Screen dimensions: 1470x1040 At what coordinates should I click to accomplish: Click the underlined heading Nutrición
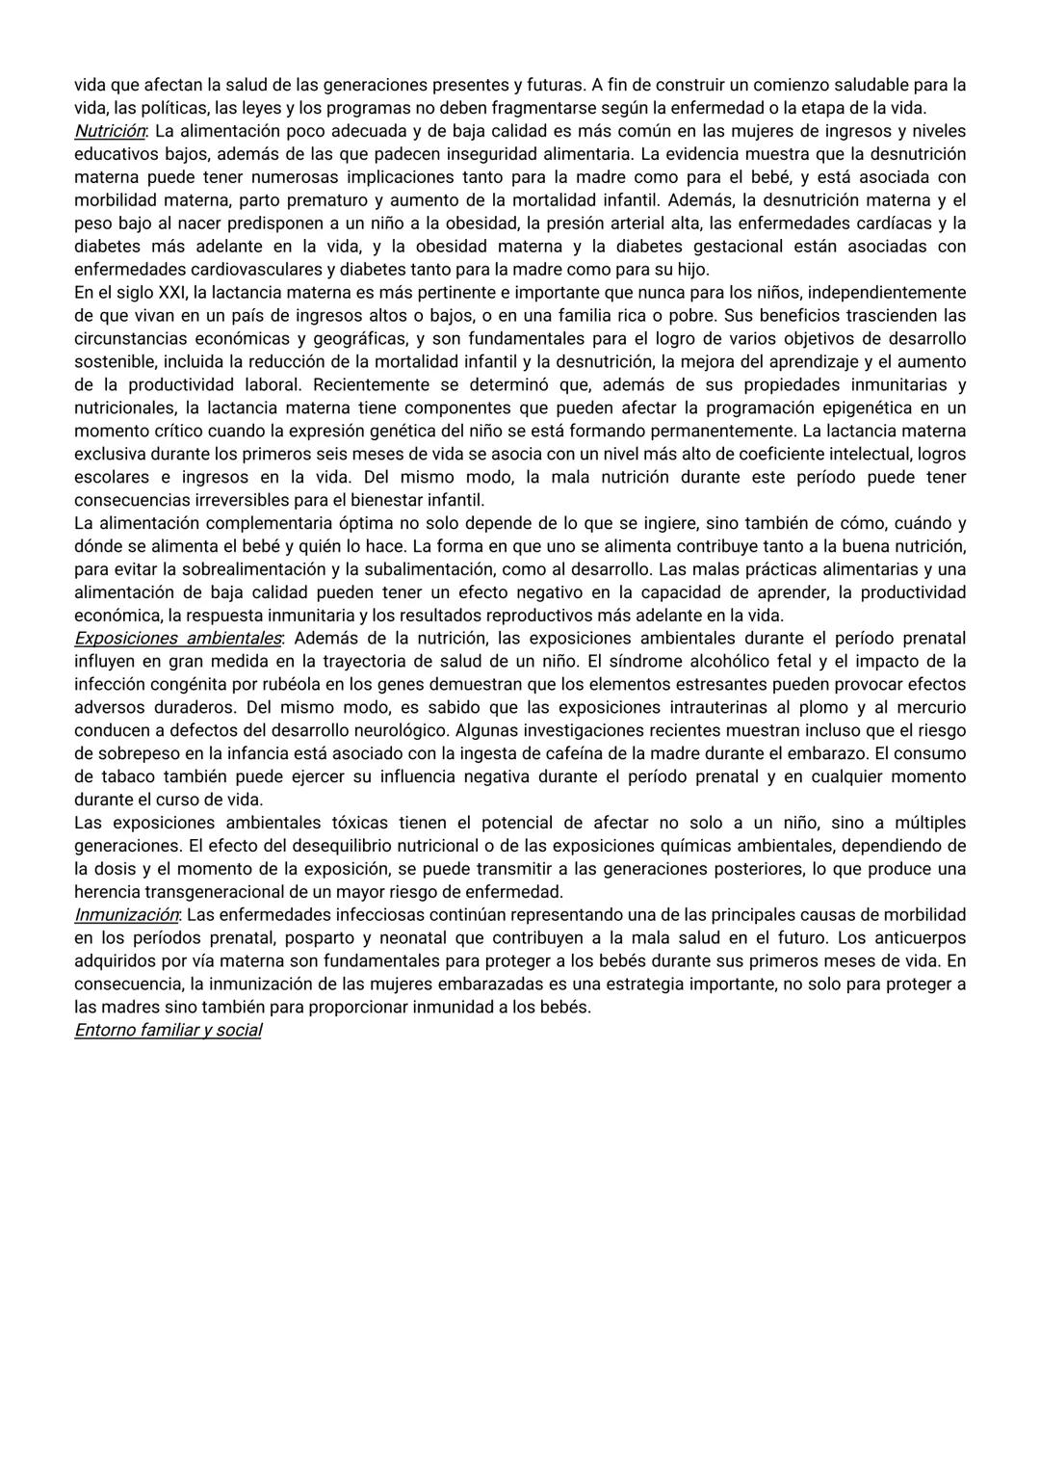point(110,131)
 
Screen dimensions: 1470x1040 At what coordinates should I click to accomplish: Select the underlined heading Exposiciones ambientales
point(177,639)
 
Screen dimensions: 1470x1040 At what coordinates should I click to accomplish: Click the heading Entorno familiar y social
point(168,1031)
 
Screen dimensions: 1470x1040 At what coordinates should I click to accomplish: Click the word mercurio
point(928,708)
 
